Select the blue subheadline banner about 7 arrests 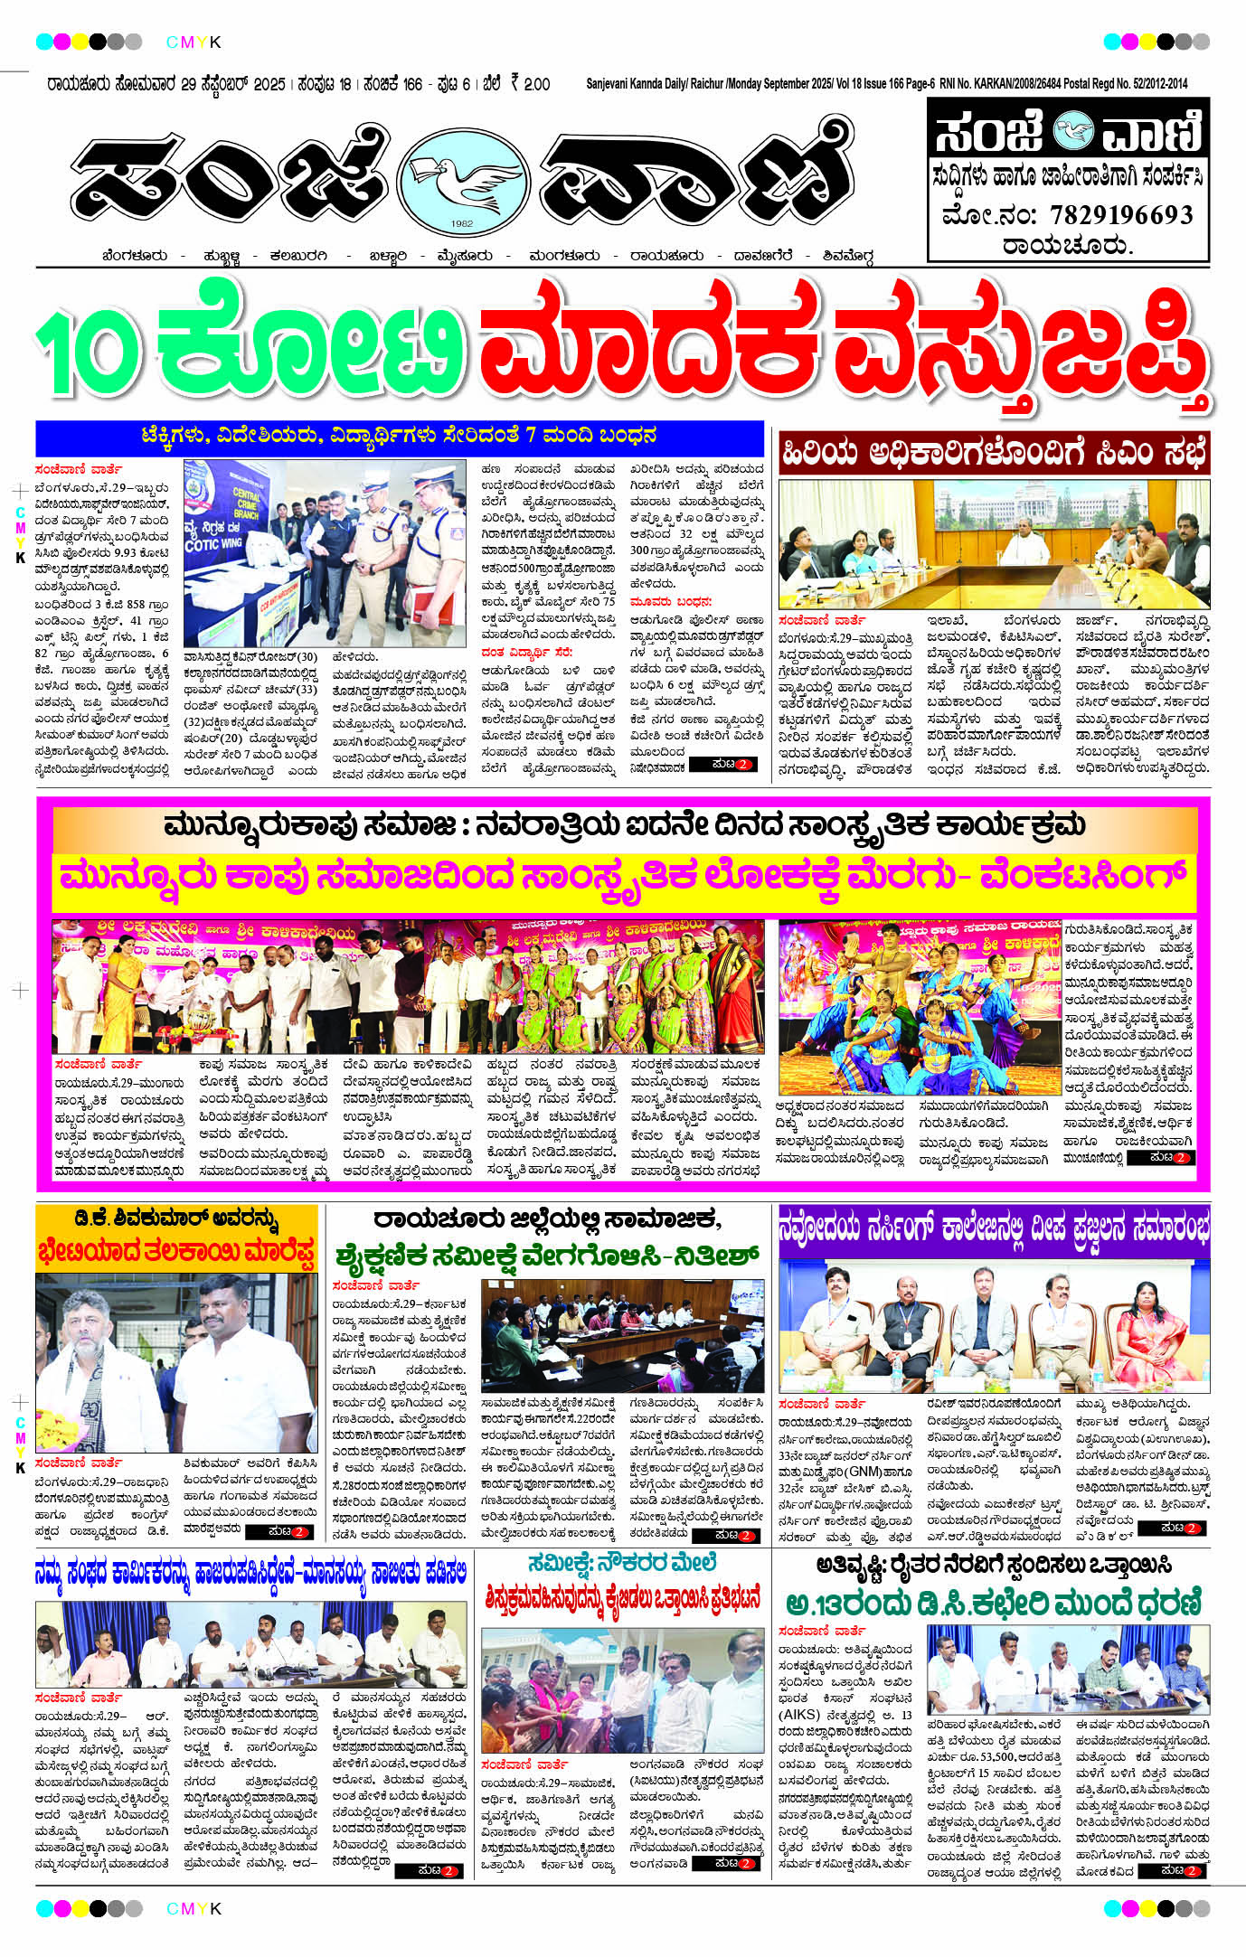[x=400, y=437]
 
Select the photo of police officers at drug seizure [x=324, y=553]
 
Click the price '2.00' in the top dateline [x=535, y=84]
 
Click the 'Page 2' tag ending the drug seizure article [x=722, y=765]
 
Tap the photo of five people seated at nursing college [x=994, y=1327]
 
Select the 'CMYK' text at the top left [x=194, y=42]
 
